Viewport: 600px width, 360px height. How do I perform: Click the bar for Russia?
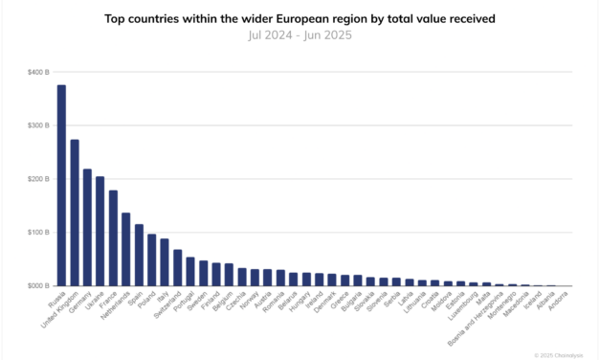click(x=61, y=186)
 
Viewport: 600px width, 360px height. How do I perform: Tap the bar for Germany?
click(x=87, y=228)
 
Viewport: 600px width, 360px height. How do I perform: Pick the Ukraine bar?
click(x=100, y=232)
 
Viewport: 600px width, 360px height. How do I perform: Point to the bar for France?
click(x=113, y=238)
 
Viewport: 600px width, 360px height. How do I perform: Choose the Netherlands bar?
click(x=125, y=250)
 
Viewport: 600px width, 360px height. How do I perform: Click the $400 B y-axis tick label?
click(x=40, y=73)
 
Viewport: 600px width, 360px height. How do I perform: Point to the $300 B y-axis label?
click(x=40, y=125)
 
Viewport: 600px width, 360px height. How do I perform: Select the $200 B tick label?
click(x=40, y=179)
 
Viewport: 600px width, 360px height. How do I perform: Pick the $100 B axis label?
click(x=40, y=233)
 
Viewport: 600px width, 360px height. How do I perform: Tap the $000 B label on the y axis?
click(x=40, y=286)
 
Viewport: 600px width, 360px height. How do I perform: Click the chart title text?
click(x=300, y=18)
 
